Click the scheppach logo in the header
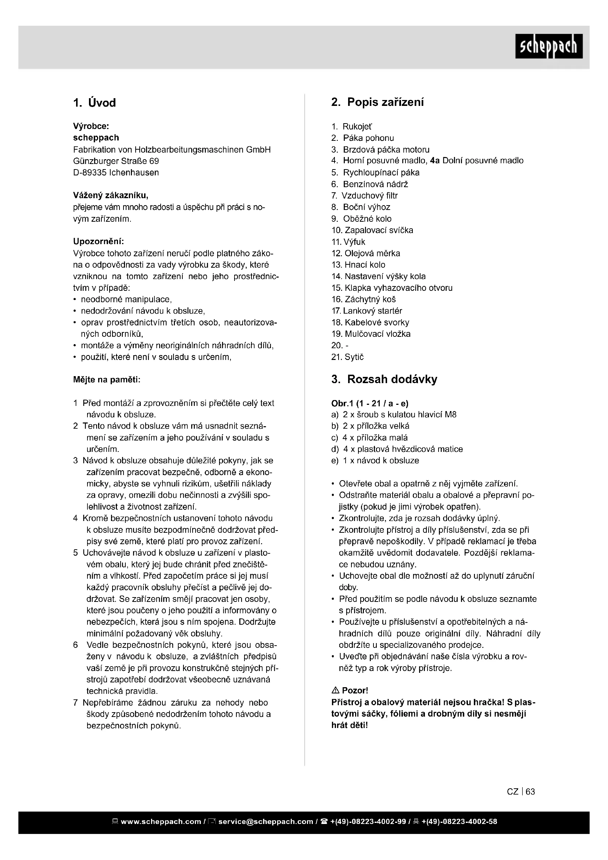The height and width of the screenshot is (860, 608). (x=548, y=46)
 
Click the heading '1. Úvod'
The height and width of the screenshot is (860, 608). (x=94, y=103)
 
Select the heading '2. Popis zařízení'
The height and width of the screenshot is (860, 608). (x=378, y=102)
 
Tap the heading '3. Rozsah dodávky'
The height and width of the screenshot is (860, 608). (x=384, y=379)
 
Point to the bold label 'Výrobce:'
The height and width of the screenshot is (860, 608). (x=91, y=126)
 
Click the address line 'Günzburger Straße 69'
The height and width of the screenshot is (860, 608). (x=116, y=161)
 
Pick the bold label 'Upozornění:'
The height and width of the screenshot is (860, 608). (x=99, y=241)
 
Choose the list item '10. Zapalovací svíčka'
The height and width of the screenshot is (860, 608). (x=372, y=231)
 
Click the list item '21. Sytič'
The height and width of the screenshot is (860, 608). (x=347, y=357)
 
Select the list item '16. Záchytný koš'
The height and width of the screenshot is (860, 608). (x=364, y=299)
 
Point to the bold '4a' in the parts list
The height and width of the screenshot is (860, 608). (x=435, y=161)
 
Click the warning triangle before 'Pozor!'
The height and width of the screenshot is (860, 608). (x=336, y=690)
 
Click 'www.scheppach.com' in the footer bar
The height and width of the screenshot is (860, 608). (x=161, y=821)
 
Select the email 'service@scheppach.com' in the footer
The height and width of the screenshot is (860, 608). (x=265, y=821)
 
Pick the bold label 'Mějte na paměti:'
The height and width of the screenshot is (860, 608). (x=107, y=380)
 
